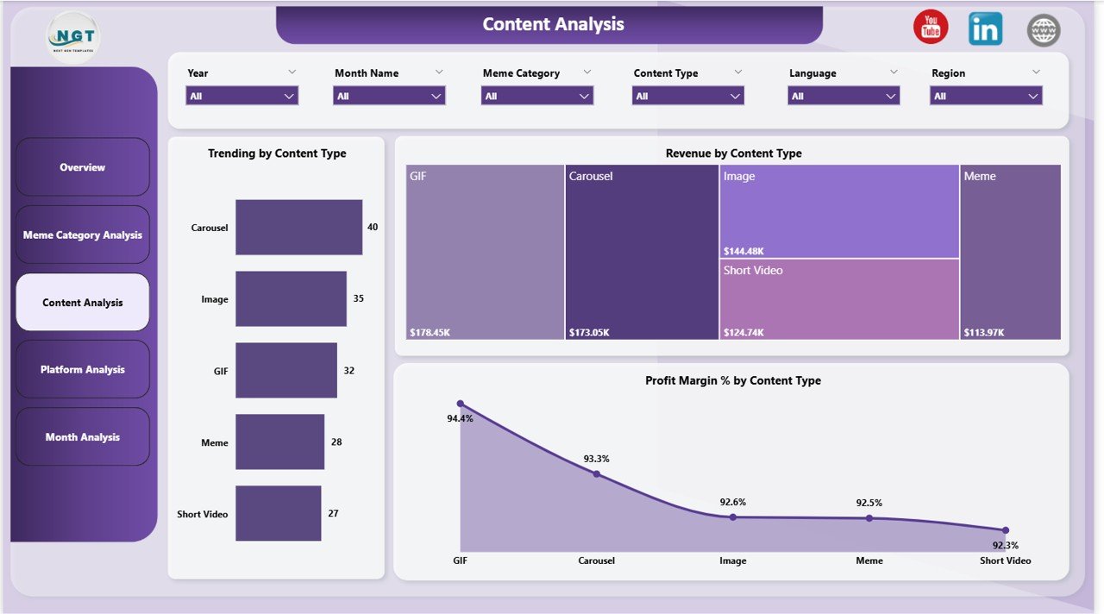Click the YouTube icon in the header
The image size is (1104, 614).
pos(931,28)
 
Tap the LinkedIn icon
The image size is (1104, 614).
pos(985,29)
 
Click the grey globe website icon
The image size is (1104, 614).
pos(1043,30)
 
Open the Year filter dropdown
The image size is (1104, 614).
pos(242,96)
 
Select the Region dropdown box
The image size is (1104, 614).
pos(986,96)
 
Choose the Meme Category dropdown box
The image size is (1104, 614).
pos(537,96)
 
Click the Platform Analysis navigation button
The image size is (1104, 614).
pos(83,370)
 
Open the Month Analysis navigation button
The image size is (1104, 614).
pos(83,437)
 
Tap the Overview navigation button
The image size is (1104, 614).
pos(83,167)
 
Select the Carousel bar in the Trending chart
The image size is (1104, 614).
pos(298,228)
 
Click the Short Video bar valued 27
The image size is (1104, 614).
pos(278,513)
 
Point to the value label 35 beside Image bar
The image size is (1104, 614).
pos(359,298)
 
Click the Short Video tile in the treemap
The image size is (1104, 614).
pos(838,298)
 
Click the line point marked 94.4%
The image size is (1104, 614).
pos(460,404)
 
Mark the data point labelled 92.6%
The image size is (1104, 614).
pos(732,517)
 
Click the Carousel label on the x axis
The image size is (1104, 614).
pos(596,561)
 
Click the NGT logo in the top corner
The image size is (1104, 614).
pos(73,36)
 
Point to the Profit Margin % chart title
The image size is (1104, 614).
pos(732,380)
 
